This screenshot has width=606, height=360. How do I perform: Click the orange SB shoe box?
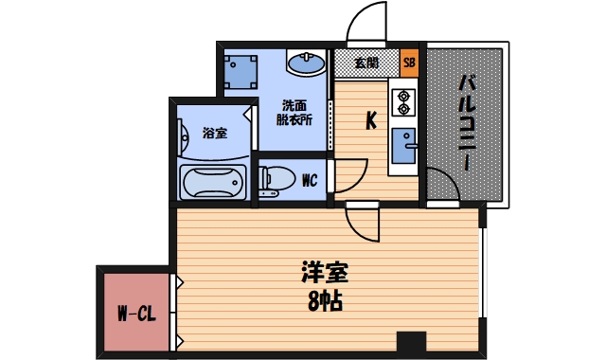(x=409, y=63)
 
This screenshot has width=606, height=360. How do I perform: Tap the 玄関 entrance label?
(x=366, y=63)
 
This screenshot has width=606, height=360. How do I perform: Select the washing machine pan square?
(x=241, y=71)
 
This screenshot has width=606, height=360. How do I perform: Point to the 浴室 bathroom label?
(x=214, y=133)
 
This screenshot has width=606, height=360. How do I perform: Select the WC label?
(x=309, y=180)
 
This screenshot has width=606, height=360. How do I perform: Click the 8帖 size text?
(x=324, y=303)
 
